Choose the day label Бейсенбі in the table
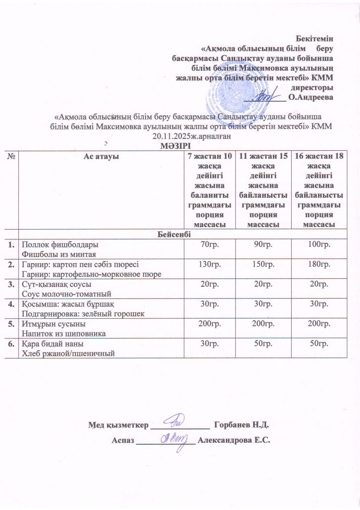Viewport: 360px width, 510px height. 180,234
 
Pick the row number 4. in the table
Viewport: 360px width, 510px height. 11,304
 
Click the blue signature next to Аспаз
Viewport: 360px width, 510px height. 174,438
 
